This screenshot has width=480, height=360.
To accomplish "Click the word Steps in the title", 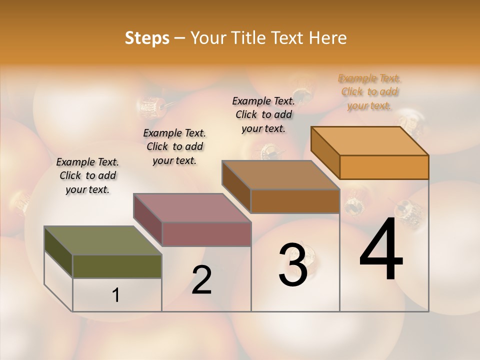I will [147, 38].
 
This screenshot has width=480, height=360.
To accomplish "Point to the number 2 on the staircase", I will [201, 280].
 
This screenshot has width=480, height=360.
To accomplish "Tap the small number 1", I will [116, 295].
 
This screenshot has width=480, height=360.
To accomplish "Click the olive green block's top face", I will [103, 240].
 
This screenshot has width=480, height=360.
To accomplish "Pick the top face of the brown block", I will [280, 175].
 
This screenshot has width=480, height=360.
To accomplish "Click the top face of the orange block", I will [369, 141].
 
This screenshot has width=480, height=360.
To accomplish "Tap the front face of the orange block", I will [384, 167].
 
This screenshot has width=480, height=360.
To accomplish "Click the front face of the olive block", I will [117, 266].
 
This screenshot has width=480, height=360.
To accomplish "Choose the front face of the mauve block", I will [206, 234].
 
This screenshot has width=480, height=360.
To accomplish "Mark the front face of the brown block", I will [295, 201].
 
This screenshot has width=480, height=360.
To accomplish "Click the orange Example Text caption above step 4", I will [369, 92].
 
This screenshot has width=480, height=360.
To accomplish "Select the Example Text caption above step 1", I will [87, 175].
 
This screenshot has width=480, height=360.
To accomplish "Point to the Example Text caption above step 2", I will [174, 146].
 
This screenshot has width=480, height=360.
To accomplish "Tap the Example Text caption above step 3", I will [263, 114].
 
